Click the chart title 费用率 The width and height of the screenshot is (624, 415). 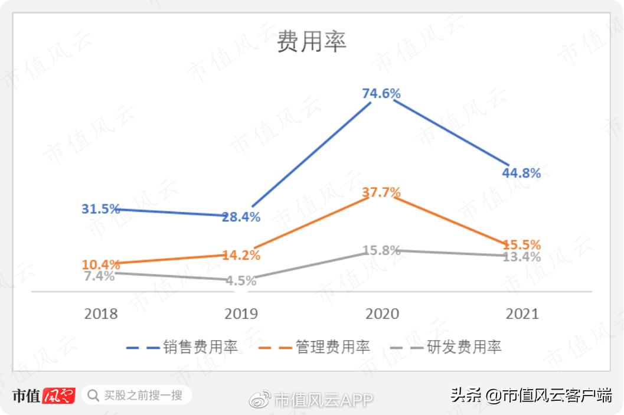tap(312, 43)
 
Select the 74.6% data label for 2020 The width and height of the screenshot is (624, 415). tap(381, 93)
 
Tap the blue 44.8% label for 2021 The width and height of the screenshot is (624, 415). tap(521, 173)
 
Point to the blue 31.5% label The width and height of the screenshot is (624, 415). tap(101, 209)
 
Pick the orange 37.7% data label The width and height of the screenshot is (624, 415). tap(381, 192)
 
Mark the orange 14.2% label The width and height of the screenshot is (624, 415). tap(241, 256)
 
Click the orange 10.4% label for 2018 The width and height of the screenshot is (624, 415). tap(101, 264)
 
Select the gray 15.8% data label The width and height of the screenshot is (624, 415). tap(381, 250)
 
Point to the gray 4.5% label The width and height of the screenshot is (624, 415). tap(241, 281)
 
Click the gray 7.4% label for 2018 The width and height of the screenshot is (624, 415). tap(99, 276)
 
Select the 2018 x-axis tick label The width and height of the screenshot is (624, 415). tap(101, 313)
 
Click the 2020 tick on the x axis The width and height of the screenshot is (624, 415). tap(382, 313)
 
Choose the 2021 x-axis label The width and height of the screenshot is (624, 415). tap(522, 313)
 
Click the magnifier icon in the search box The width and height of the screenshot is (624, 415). tap(93, 395)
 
